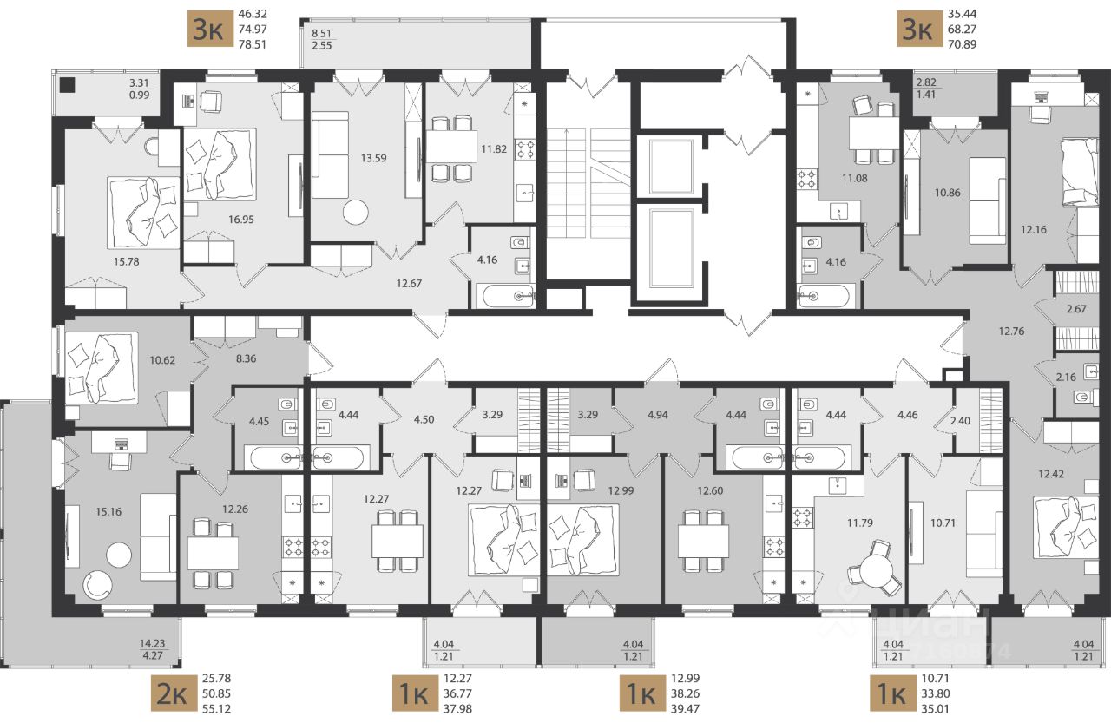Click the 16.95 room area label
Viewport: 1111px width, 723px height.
click(x=241, y=220)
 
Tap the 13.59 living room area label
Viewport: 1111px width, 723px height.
click(x=373, y=158)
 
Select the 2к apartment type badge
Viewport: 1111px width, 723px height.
click(x=172, y=693)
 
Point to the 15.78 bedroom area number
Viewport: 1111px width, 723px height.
click(x=126, y=261)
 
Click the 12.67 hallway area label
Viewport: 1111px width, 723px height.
click(x=409, y=284)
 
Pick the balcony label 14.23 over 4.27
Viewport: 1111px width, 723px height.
click(x=152, y=649)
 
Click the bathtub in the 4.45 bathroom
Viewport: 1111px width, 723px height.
click(x=273, y=457)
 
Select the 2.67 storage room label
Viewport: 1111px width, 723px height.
click(x=1076, y=309)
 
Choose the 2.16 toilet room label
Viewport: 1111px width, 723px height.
click(x=1066, y=377)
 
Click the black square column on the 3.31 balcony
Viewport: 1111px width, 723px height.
click(x=67, y=85)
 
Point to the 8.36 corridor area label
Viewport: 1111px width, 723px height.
click(x=246, y=358)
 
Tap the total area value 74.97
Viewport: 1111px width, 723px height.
click(x=253, y=29)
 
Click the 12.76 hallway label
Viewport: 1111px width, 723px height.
click(x=1011, y=331)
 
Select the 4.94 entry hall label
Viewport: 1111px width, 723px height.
click(x=658, y=415)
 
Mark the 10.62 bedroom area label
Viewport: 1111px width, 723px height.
click(x=162, y=360)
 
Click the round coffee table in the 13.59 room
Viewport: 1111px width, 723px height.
click(x=356, y=213)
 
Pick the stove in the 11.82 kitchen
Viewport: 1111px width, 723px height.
click(x=524, y=148)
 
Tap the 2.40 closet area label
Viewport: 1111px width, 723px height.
click(x=960, y=420)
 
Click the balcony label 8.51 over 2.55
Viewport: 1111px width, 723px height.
click(x=321, y=39)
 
